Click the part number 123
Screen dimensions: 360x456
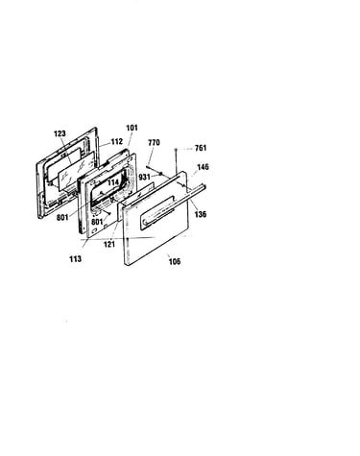pyautogui.click(x=60, y=133)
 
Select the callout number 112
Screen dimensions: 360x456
pyautogui.click(x=117, y=141)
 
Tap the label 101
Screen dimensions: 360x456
pyautogui.click(x=132, y=128)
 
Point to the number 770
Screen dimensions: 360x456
pyautogui.click(x=154, y=142)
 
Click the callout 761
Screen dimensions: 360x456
pyautogui.click(x=201, y=148)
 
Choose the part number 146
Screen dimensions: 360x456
pyautogui.click(x=203, y=167)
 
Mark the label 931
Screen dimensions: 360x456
pyautogui.click(x=145, y=177)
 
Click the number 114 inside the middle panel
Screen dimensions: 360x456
pyautogui.click(x=113, y=182)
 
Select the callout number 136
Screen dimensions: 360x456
pyautogui.click(x=201, y=214)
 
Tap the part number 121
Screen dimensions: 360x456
pyautogui.click(x=109, y=244)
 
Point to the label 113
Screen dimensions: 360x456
pyautogui.click(x=76, y=259)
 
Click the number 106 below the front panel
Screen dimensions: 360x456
pyautogui.click(x=175, y=262)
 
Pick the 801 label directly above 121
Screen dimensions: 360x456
pyautogui.click(x=97, y=222)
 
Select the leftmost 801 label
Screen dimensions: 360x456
pyautogui.click(x=62, y=218)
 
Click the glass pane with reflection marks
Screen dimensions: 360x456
pyautogui.click(x=77, y=171)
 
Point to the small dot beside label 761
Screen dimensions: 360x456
pyautogui.click(x=176, y=150)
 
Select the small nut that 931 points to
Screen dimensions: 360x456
pyautogui.click(x=161, y=174)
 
